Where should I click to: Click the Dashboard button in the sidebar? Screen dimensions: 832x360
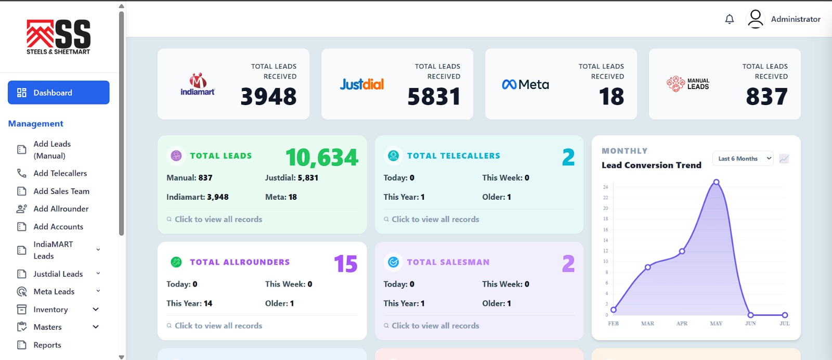tap(59, 93)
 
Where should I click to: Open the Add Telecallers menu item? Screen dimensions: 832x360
tap(60, 173)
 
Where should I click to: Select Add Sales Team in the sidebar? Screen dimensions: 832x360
tap(61, 191)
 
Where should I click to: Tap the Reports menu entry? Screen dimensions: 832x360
tap(47, 345)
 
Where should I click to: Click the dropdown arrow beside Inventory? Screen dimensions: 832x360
tap(96, 309)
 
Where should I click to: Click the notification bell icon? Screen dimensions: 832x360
tap(730, 19)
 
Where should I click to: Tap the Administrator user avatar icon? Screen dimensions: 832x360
tap(756, 19)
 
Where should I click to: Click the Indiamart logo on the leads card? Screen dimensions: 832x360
tap(198, 84)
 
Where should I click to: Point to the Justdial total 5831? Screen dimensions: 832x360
tap(434, 97)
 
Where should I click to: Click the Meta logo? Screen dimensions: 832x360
tap(525, 85)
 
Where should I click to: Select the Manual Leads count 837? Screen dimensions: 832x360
tap(766, 97)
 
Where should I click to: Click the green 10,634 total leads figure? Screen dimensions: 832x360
tap(322, 158)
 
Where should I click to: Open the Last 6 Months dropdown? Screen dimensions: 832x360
tap(743, 159)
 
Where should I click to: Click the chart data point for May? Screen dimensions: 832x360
tap(716, 182)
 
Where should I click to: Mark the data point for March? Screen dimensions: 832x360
tap(648, 267)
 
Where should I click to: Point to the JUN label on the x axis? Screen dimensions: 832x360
tap(750, 324)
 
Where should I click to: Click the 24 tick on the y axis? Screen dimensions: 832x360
tap(605, 187)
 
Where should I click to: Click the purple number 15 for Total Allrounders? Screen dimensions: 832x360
tap(345, 264)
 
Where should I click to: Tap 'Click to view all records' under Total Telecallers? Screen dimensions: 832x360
tap(435, 219)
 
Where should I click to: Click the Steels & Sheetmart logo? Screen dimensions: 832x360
tap(58, 37)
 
